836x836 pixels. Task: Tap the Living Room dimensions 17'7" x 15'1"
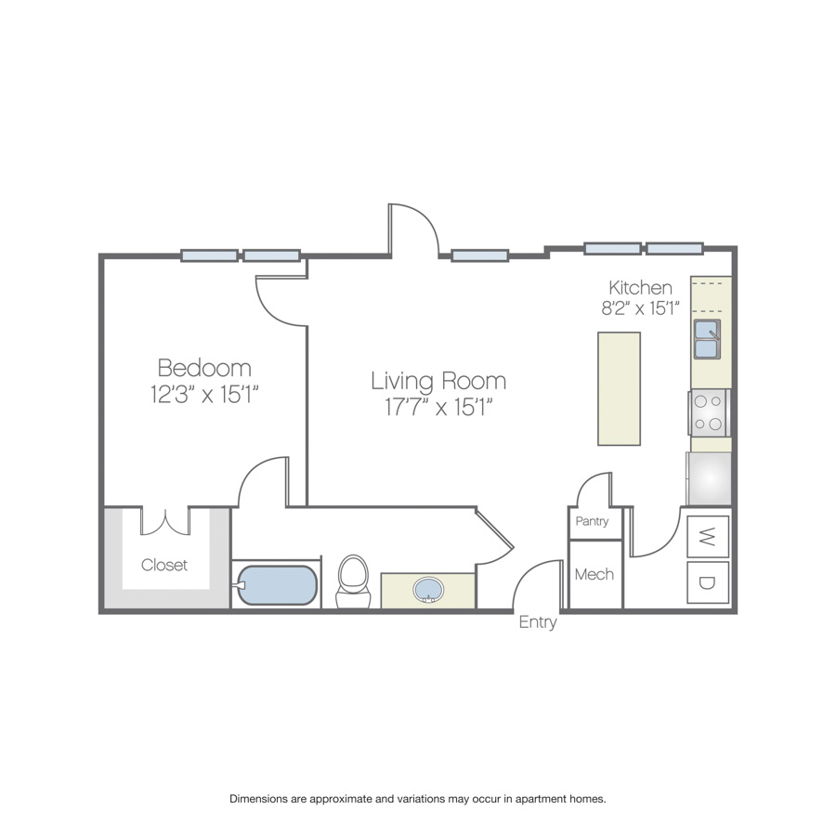(438, 408)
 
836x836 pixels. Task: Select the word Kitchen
(640, 288)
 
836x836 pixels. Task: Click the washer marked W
(708, 536)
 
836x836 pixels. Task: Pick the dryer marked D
(708, 582)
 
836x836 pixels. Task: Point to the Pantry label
(592, 521)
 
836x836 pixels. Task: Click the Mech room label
(594, 574)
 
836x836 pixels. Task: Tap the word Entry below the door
(538, 622)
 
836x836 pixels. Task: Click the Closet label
(164, 565)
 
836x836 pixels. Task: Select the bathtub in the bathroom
(276, 585)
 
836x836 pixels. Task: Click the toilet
(353, 581)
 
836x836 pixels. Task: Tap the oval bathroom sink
(428, 590)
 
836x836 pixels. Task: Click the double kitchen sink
(707, 339)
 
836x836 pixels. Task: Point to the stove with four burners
(708, 413)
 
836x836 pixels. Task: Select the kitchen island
(619, 388)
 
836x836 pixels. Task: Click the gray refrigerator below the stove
(709, 478)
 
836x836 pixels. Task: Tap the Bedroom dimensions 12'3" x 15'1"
(204, 395)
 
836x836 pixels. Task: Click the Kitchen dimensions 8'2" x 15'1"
(640, 308)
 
